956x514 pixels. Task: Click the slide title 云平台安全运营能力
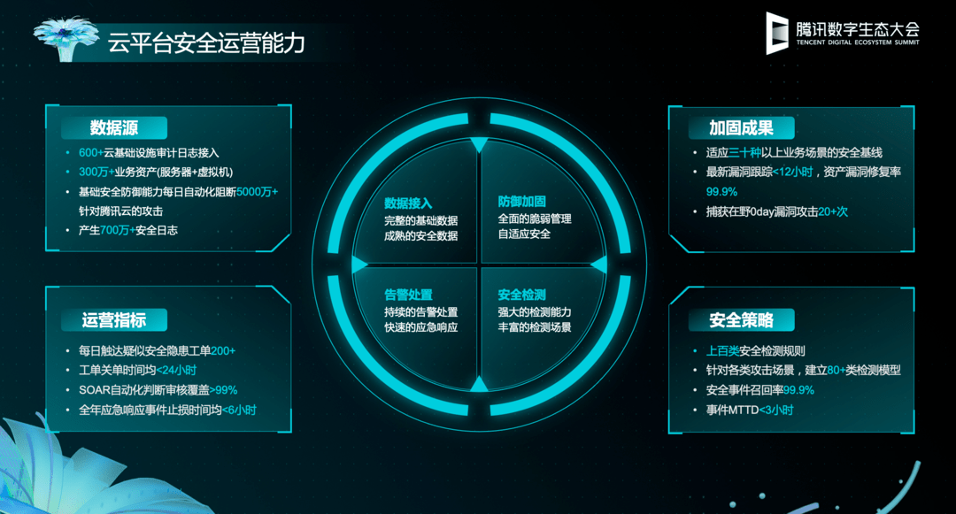coord(206,43)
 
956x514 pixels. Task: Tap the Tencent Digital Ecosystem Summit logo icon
coord(777,33)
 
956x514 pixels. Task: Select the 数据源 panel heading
coord(114,128)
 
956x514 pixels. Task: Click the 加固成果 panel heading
coord(741,128)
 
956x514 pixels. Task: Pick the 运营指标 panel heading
coord(114,320)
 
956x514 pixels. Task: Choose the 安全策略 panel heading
coord(741,320)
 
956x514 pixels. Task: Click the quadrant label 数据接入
coord(408,203)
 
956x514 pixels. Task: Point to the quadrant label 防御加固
coord(522,202)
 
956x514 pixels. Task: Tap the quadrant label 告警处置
coord(408,295)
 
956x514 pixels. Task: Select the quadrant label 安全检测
coord(522,295)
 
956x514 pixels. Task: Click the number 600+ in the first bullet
coord(91,153)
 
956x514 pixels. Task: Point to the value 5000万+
coord(258,192)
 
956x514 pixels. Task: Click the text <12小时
coord(792,173)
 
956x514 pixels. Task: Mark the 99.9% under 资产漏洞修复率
coord(722,192)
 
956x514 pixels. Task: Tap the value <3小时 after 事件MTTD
coord(776,410)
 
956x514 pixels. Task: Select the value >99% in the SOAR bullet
coord(224,390)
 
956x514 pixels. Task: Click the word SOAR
coord(95,390)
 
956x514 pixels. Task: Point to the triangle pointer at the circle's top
coord(479,145)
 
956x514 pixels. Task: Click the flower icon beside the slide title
coord(66,38)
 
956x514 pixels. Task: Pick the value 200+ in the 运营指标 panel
coord(223,351)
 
